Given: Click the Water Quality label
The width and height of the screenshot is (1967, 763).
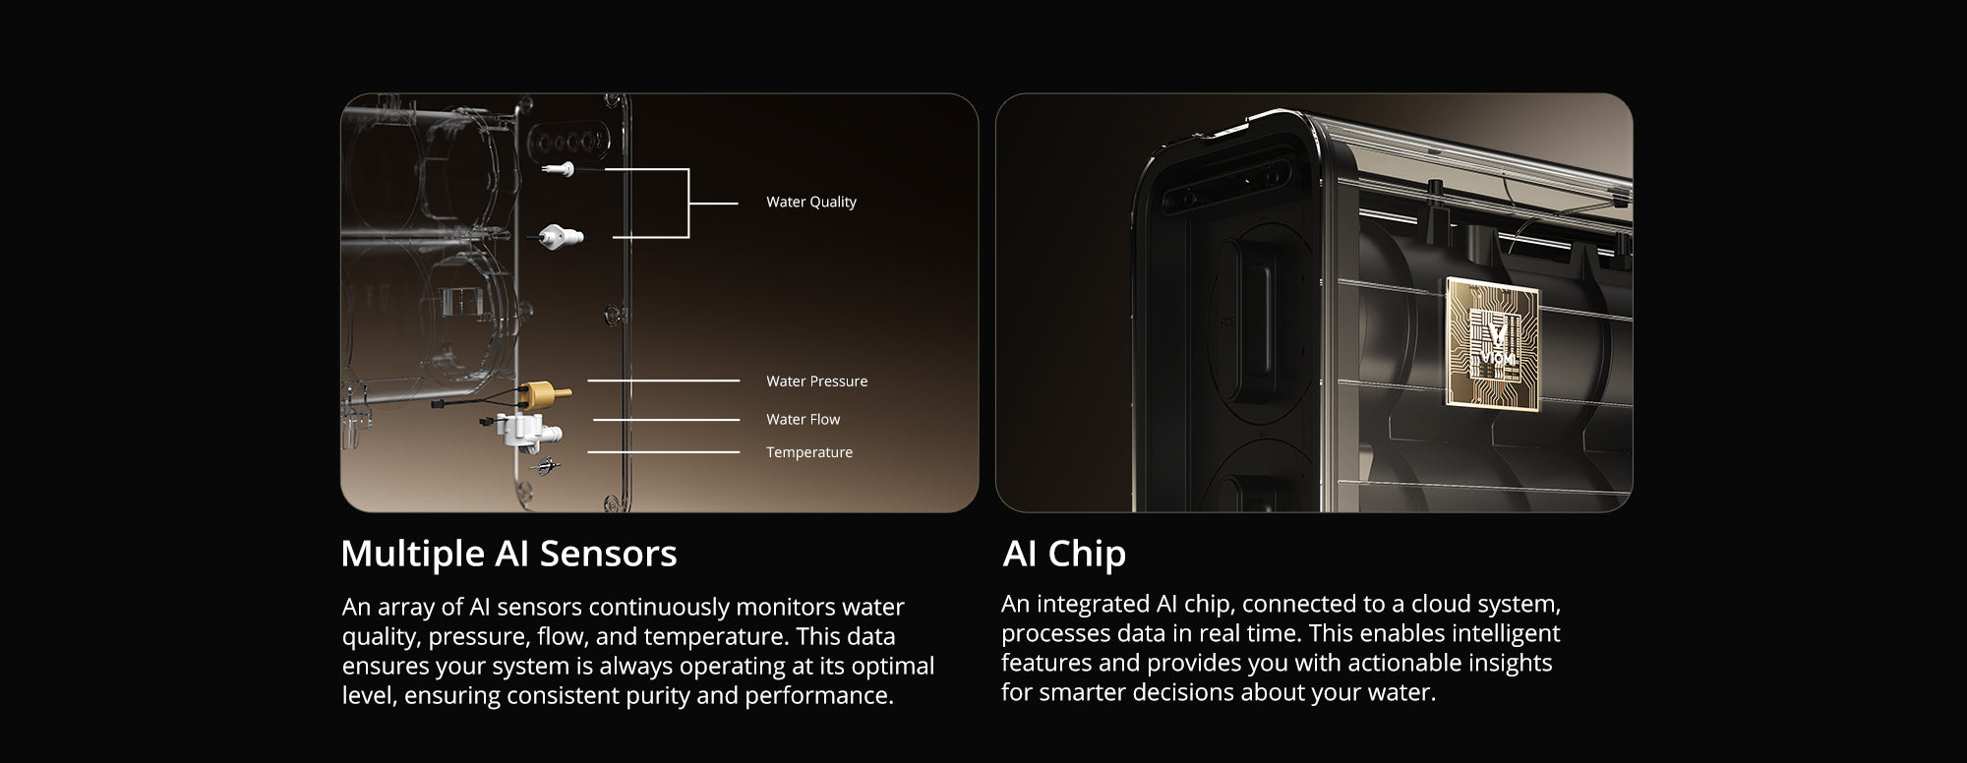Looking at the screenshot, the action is [x=811, y=202].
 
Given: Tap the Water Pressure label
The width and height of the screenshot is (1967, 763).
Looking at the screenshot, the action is [x=816, y=381].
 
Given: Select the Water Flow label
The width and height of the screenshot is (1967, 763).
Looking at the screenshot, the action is [x=803, y=419].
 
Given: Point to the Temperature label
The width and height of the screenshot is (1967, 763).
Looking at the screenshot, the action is [x=809, y=452].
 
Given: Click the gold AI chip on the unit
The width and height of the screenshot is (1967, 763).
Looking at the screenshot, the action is [x=1492, y=342].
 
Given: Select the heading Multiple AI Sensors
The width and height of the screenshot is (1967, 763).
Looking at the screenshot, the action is [x=508, y=554].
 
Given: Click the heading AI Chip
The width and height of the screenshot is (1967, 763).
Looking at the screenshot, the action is [x=1064, y=554].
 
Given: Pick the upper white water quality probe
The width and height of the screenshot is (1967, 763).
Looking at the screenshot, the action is [x=559, y=169].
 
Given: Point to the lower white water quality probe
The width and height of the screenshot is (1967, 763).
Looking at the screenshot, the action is [x=563, y=236].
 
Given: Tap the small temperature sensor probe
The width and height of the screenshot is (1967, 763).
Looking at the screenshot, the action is [x=546, y=465].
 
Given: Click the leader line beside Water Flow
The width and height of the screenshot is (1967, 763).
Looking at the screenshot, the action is [x=667, y=420].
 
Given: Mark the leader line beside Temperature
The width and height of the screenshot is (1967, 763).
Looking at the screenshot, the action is [x=664, y=452].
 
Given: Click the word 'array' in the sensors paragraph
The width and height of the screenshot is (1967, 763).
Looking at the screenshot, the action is [x=407, y=609].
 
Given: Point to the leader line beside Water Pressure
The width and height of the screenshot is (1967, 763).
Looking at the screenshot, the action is [x=664, y=381].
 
